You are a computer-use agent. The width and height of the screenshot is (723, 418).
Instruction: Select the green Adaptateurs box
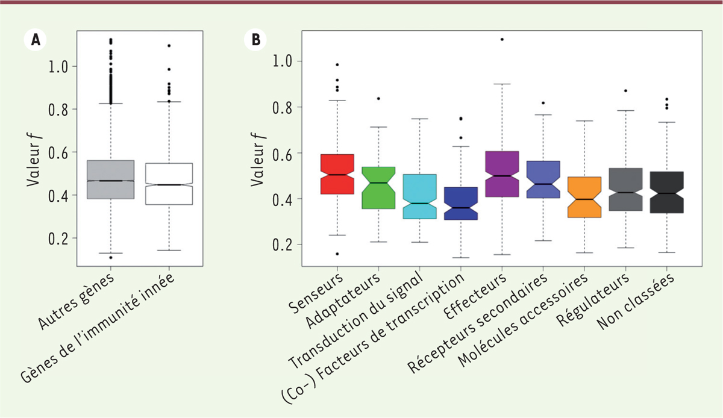378,187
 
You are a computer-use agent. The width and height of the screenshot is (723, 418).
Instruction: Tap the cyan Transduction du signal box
419,196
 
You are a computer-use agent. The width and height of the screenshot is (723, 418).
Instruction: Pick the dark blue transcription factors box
460,204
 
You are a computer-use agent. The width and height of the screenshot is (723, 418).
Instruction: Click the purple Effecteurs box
501,174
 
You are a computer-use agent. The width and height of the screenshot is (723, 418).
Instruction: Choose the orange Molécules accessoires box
584,197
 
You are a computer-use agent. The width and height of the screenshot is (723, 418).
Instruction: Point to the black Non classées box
666,192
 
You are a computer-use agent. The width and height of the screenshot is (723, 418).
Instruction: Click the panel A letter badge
36,40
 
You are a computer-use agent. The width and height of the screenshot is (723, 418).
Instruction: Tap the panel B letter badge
256,40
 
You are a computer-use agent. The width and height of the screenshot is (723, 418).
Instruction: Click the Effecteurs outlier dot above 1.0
501,40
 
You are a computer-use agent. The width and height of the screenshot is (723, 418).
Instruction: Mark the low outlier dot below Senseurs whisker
337,254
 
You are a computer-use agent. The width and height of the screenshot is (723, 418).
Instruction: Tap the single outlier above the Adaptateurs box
378,98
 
